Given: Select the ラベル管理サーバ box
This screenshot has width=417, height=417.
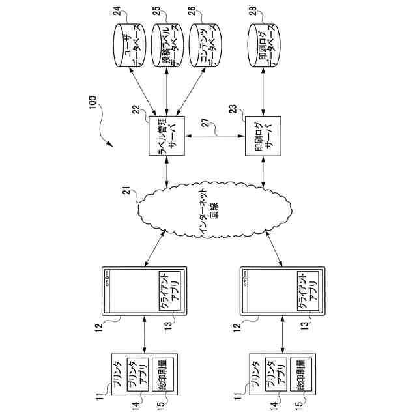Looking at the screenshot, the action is point(167,136).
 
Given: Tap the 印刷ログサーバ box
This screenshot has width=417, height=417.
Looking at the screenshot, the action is point(263,136).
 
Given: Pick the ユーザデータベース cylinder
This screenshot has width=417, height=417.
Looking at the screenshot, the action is point(130,46).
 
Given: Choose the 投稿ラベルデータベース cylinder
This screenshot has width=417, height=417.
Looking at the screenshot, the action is point(167,46).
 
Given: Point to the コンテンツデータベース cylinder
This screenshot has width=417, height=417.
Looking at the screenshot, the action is point(205,46).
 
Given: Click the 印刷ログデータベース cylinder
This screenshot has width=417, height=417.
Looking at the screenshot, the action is point(263,46).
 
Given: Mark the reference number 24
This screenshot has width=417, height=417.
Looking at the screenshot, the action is point(118,11).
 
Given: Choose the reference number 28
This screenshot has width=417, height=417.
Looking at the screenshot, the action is point(252,11).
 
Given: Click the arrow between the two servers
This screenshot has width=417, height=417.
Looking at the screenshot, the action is point(214,136).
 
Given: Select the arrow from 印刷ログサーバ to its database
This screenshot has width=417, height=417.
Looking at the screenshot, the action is point(263,92).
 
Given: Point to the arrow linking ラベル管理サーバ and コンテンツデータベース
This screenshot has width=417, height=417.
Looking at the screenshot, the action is point(191,92).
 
